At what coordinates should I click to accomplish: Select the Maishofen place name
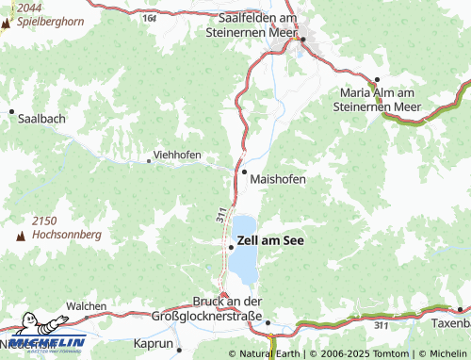[x=278, y=178]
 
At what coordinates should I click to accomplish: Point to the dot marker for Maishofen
[x=244, y=172]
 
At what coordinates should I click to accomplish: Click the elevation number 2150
[x=45, y=220]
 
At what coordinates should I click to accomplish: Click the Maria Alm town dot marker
[x=376, y=80]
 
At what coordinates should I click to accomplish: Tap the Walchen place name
[x=86, y=306]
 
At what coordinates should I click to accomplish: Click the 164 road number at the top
[x=150, y=18]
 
